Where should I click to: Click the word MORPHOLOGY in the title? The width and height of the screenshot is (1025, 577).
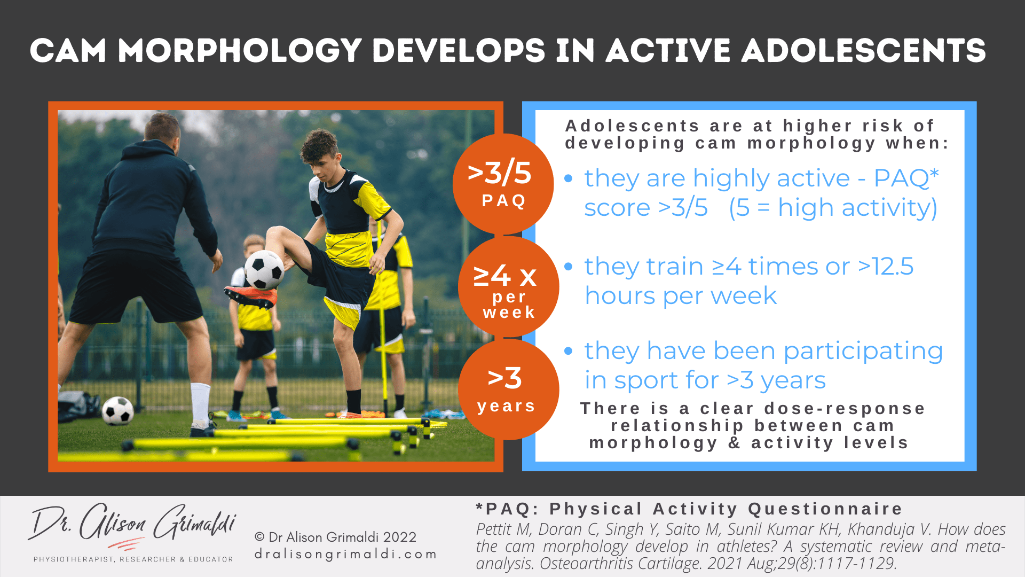point(240,51)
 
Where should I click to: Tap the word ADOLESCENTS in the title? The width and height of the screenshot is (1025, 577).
point(863,51)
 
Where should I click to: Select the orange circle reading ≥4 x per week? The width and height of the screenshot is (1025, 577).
point(508,287)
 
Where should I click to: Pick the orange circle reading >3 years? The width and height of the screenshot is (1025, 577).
point(508,389)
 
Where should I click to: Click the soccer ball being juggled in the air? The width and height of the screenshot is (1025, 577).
point(264,269)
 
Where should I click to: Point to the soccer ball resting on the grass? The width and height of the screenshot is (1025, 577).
point(118,411)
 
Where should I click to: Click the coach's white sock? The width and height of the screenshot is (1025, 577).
point(200,404)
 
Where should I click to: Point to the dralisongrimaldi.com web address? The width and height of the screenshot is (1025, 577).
point(346,554)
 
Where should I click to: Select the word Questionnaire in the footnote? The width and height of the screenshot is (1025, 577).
point(825,509)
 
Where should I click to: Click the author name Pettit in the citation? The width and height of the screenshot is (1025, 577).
point(496,529)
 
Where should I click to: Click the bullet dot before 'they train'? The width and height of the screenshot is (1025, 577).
point(569,266)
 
